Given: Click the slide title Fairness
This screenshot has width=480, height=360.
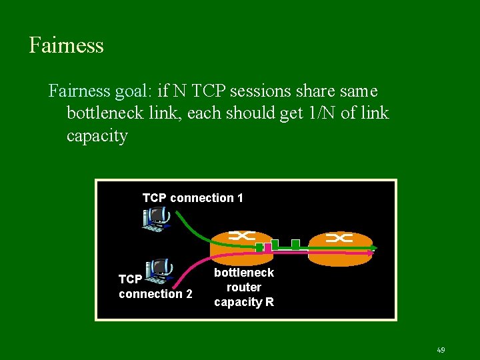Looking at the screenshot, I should point(66,45).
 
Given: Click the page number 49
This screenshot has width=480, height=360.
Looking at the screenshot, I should point(441,349).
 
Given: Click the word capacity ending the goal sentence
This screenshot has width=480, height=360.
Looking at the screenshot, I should point(97,135).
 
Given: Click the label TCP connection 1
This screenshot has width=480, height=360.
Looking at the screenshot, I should point(193,198).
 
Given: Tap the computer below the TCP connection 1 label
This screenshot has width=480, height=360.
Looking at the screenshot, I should point(157,219).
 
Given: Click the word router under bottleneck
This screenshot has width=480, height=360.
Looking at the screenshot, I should point(243,287).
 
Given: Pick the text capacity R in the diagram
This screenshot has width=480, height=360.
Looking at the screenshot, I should point(243,302).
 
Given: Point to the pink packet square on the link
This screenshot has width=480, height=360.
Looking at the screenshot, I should point(268,247).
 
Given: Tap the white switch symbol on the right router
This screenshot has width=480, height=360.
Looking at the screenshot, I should point(339,238).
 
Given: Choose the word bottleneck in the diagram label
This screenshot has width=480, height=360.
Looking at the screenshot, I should point(243,273).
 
